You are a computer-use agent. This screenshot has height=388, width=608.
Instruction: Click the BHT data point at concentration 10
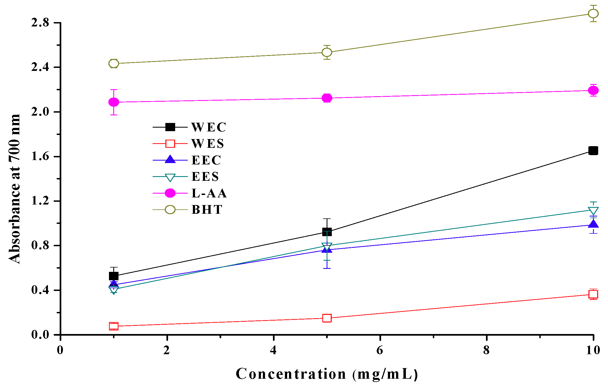click(593, 13)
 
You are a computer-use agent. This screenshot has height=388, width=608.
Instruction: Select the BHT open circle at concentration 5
click(327, 52)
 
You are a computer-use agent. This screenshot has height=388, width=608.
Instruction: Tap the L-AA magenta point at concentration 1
click(114, 102)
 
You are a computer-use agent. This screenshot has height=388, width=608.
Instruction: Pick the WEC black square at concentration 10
click(593, 151)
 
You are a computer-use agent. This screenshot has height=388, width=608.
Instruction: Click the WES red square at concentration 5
click(327, 318)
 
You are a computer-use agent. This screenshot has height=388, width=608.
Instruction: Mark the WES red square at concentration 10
click(593, 294)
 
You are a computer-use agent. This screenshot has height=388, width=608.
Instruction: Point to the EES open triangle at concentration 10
click(593, 211)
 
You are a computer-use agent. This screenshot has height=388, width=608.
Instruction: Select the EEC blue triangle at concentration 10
click(593, 224)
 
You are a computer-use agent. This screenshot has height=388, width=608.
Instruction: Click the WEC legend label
click(209, 127)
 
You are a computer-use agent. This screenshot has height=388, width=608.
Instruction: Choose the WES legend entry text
click(208, 144)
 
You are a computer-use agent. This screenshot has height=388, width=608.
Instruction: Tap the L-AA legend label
click(209, 193)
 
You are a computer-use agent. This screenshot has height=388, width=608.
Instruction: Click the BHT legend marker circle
click(170, 210)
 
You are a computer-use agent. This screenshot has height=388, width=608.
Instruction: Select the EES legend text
click(205, 177)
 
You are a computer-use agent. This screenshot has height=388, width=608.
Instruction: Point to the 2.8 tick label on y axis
click(40, 23)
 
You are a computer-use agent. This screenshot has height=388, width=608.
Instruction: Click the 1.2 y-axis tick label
click(40, 201)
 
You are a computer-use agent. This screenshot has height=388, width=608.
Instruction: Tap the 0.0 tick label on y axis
click(40, 335)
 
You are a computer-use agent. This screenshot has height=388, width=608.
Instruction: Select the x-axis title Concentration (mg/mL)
click(327, 374)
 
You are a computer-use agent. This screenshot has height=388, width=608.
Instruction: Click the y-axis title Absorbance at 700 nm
click(14, 189)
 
